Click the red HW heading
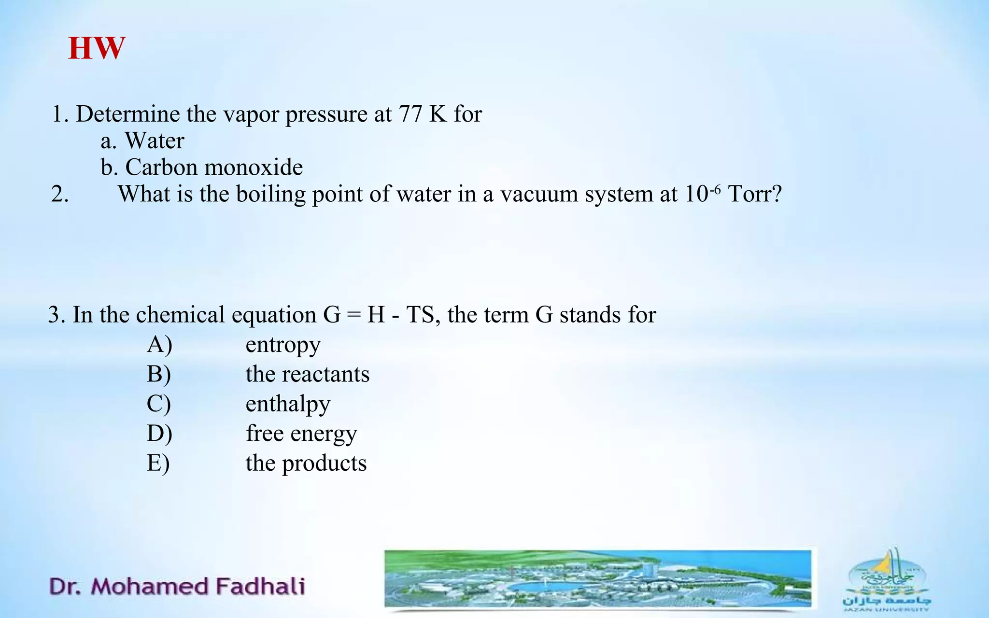coord(97,48)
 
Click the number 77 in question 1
coord(410,114)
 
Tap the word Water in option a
coord(155,141)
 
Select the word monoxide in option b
coord(254,168)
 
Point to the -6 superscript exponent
coord(715,188)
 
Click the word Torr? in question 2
coord(755,194)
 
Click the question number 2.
coord(60,194)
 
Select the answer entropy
coord(283,345)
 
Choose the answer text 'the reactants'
coord(308,374)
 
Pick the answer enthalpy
coord(288,404)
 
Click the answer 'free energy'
coord(301,434)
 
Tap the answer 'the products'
coord(306,463)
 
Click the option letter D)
coord(159,434)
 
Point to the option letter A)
coord(159,345)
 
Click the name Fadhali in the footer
coord(260,586)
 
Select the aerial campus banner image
coord(598,578)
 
